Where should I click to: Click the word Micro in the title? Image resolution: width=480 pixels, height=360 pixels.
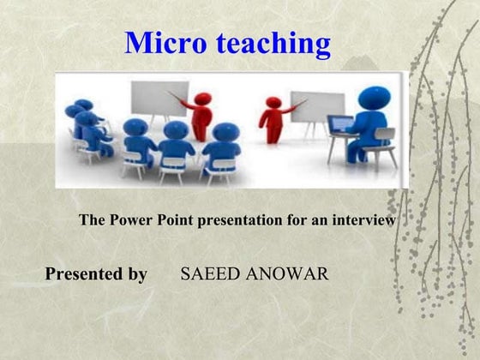pos(163,43)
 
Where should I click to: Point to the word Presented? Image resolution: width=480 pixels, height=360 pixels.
pos(83,274)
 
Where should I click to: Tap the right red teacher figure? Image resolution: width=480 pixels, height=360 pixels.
pos(273,122)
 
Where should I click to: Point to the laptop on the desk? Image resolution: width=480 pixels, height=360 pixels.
pos(340,125)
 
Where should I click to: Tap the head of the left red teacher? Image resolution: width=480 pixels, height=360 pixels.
pos(202,99)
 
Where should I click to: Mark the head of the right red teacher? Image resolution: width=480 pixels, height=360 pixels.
pos(273,103)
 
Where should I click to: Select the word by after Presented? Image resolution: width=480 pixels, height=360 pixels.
pos(137,274)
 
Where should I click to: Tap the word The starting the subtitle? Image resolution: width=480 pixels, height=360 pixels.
pos(92,220)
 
